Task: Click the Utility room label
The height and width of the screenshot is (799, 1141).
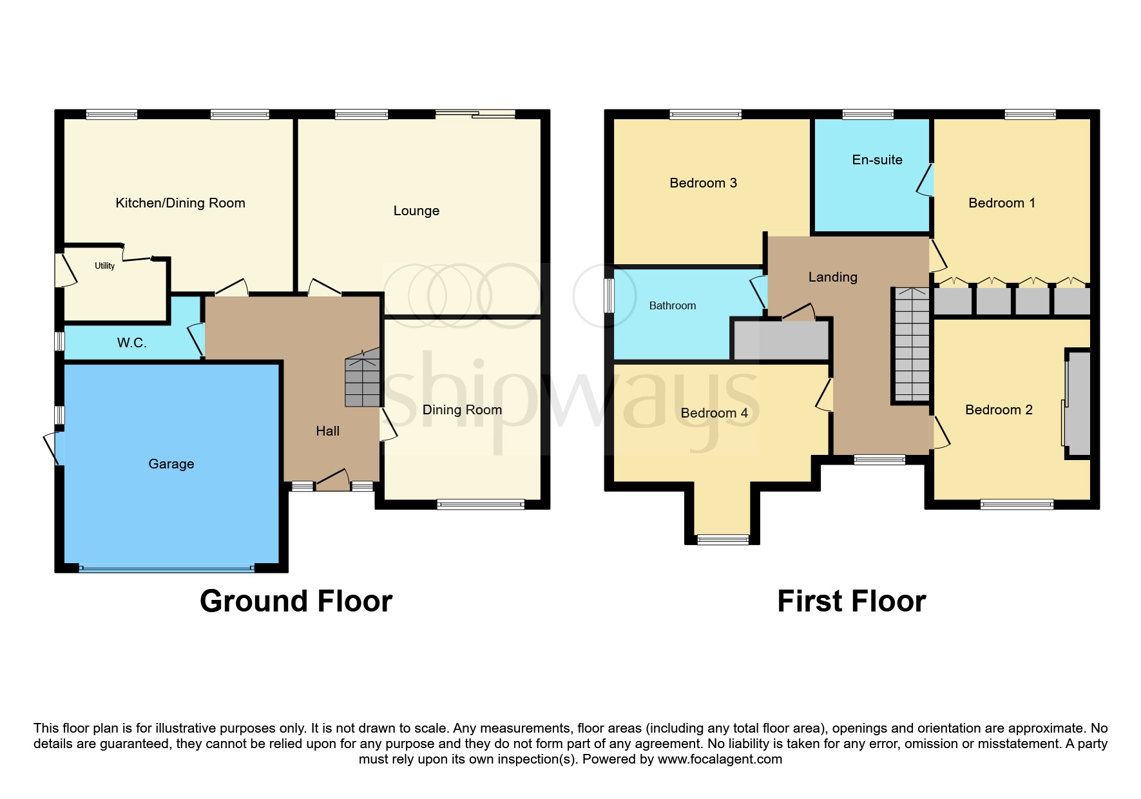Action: coord(104,265)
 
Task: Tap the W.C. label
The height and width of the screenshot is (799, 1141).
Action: coord(131,343)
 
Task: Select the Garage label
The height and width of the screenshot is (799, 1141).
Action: coord(171,464)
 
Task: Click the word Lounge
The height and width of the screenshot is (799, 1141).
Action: coord(416,211)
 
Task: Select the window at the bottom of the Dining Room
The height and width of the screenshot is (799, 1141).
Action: coord(481,505)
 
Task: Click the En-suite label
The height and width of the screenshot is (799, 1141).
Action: coord(877,160)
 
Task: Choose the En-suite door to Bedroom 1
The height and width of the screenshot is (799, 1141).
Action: coord(926,180)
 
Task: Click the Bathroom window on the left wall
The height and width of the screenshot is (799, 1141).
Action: coord(609,296)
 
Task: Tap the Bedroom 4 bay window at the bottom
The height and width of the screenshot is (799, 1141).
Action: coord(723,539)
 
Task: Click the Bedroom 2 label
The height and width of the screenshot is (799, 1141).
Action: coord(998,410)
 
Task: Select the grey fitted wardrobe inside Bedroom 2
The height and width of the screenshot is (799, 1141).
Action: coord(1078,403)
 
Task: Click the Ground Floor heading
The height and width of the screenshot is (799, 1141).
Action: coord(296,601)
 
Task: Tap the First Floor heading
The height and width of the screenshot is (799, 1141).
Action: coord(851,601)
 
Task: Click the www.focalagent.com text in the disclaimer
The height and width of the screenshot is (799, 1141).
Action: coord(720,759)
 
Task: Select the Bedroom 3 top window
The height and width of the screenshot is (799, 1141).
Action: coord(705,115)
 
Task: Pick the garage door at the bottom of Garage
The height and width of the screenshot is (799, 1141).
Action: coord(166,568)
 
